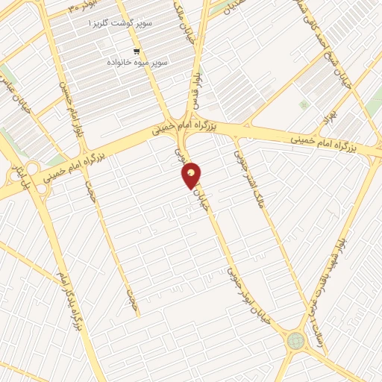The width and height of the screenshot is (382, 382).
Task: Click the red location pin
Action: (x=192, y=175)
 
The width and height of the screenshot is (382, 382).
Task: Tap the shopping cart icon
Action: (x=137, y=51)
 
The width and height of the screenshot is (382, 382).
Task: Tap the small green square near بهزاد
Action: (x=303, y=105)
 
